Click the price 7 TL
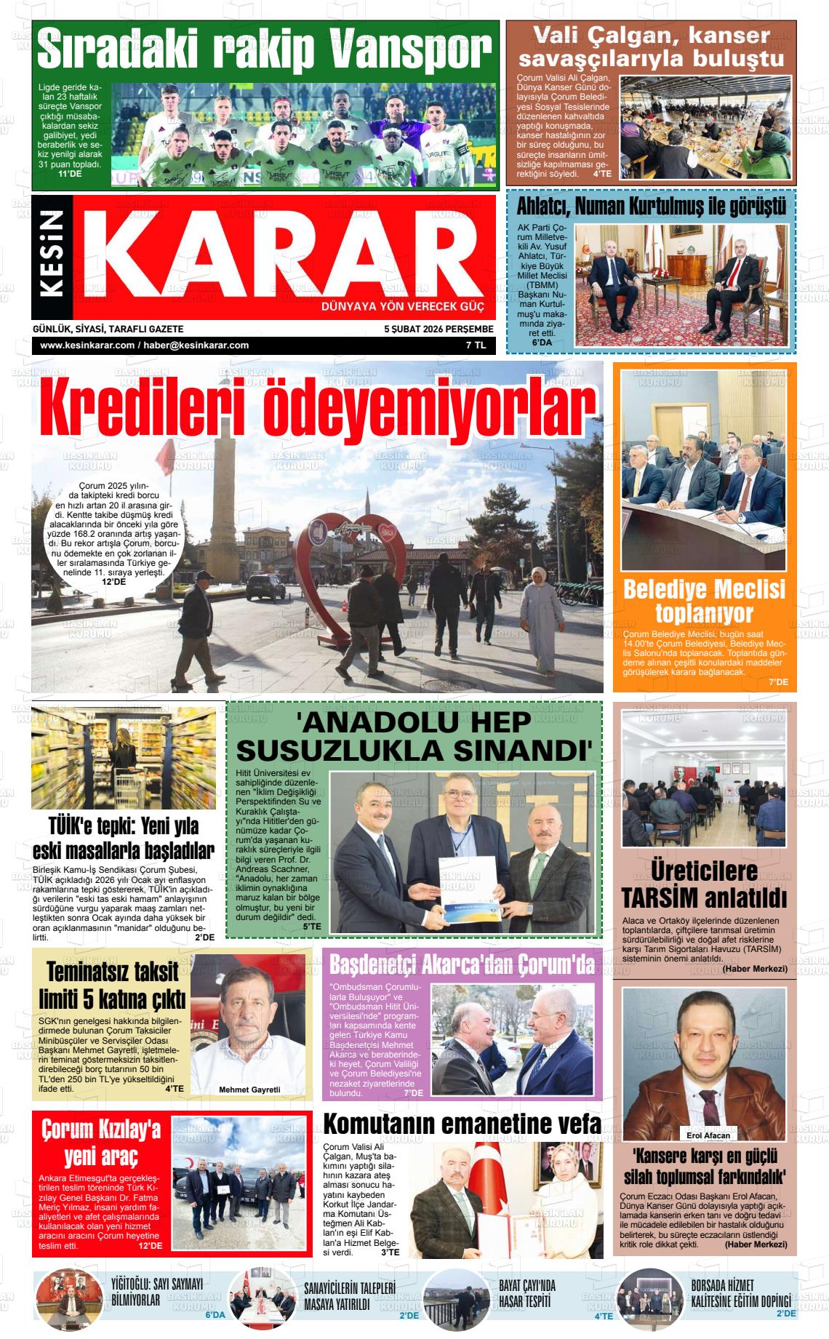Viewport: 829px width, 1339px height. click(476, 345)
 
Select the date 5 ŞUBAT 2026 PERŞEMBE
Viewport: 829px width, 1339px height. click(438, 329)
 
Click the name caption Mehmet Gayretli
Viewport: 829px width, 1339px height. click(249, 1090)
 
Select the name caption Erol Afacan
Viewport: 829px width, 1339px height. click(708, 1135)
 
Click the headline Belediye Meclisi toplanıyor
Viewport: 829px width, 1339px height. click(704, 600)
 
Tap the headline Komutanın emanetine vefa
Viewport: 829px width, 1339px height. click(462, 1124)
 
